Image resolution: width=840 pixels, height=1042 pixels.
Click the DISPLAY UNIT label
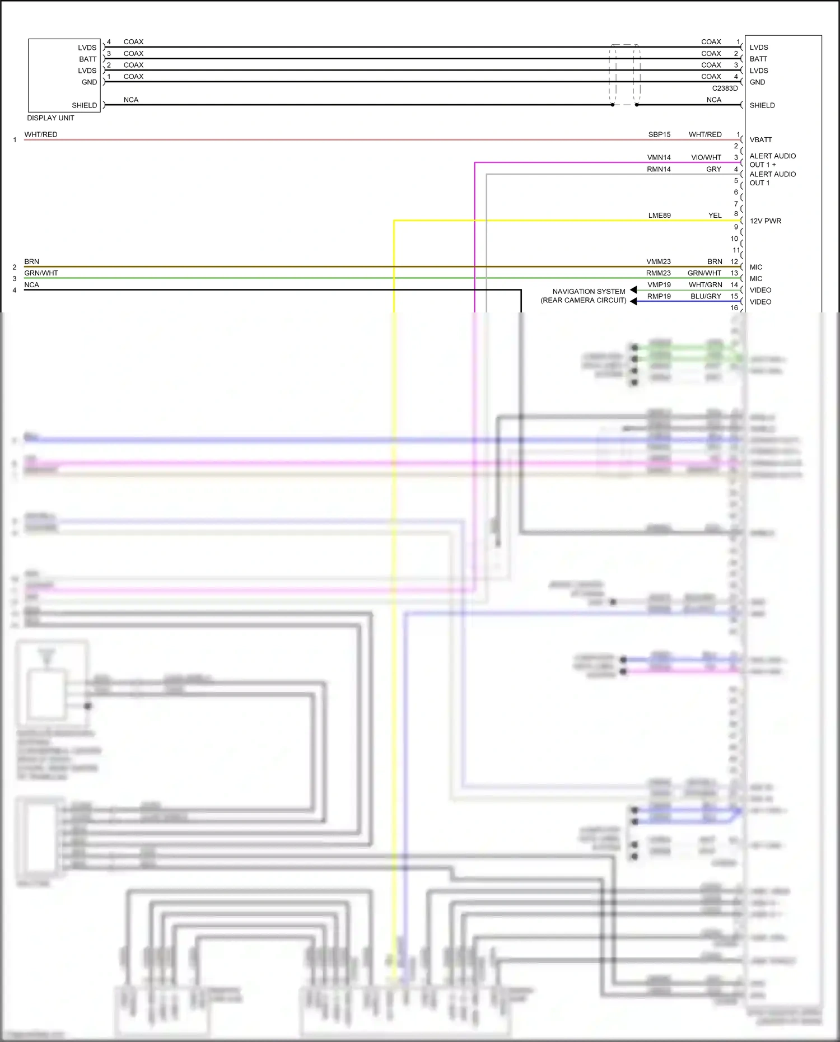point(50,118)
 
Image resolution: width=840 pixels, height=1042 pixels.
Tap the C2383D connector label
point(725,88)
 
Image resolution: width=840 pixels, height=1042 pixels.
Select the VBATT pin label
point(760,140)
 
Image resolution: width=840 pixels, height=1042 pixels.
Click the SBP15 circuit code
point(659,135)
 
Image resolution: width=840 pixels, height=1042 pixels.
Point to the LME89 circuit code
point(659,216)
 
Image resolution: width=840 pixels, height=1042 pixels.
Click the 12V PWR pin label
point(765,221)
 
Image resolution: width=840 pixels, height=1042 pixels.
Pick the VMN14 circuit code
point(659,158)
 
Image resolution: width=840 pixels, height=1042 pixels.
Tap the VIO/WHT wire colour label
point(706,158)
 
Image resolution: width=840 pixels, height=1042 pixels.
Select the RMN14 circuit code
point(659,170)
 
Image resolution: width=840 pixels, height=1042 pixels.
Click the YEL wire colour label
point(715,216)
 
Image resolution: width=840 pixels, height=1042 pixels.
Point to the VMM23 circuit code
point(658,262)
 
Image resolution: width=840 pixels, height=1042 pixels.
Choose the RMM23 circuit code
point(658,274)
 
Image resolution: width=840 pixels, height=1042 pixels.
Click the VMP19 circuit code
point(659,285)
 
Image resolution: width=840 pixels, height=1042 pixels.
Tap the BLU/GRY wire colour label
point(706,297)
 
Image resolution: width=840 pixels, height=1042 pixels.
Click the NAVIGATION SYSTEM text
point(589,292)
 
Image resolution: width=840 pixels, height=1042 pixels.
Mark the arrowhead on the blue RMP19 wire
point(633,301)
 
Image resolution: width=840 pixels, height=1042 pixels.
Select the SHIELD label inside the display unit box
point(84,105)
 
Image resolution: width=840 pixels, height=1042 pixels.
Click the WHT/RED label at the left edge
point(40,135)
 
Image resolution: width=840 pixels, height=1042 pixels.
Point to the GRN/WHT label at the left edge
point(41,273)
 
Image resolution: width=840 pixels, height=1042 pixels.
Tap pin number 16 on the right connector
point(734,308)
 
